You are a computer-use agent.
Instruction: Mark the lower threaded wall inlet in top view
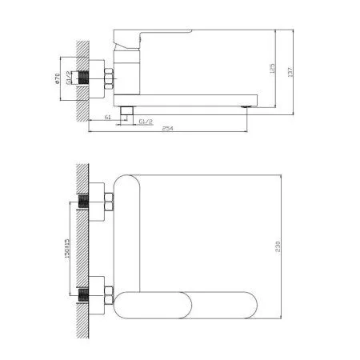[x=90, y=294]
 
